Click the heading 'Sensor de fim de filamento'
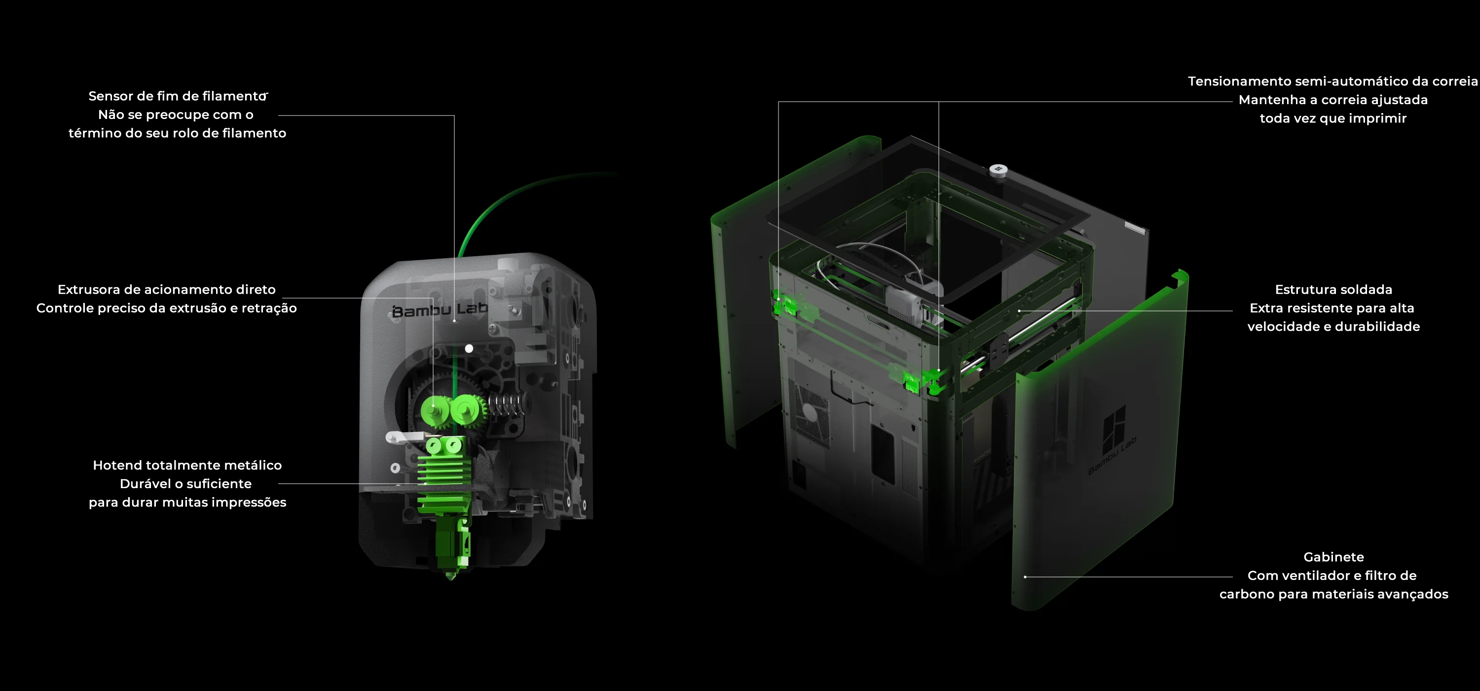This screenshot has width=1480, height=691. (x=178, y=96)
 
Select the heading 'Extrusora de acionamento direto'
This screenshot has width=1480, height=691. (x=167, y=289)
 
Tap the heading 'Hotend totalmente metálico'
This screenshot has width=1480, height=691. (x=187, y=465)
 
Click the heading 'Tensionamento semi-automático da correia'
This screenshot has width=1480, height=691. (x=1333, y=81)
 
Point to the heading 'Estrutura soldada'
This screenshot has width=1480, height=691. (x=1333, y=289)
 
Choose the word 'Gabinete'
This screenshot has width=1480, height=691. (x=1333, y=556)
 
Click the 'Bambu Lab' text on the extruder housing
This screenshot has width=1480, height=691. (x=440, y=310)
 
